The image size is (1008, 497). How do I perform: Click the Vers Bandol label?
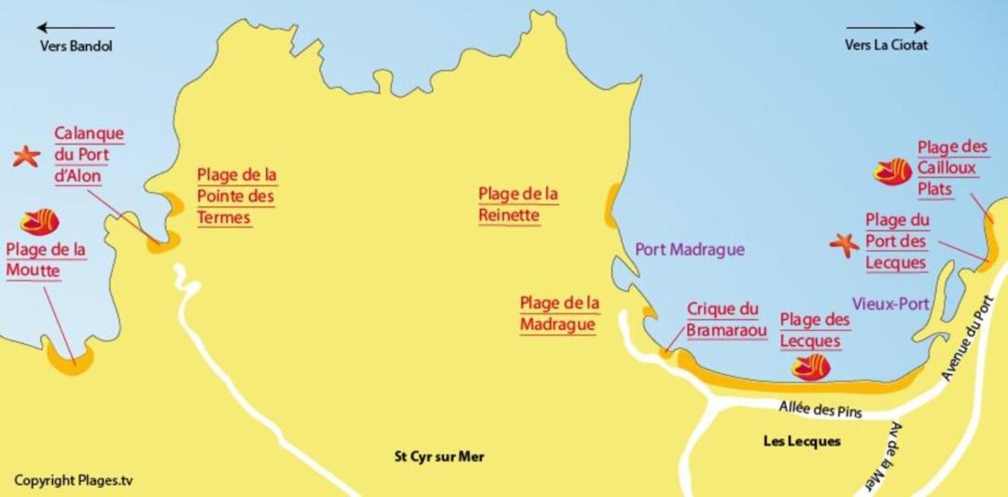[x=76, y=46]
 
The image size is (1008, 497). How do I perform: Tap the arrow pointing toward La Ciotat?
[x=886, y=27]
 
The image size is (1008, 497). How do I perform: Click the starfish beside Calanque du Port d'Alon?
[x=26, y=157]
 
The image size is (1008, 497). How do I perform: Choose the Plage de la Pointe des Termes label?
[x=237, y=196]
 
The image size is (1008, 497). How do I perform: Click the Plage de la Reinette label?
[x=518, y=204]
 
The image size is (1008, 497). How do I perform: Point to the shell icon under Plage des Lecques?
[x=810, y=369]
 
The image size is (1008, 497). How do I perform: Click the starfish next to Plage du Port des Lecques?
[x=845, y=244]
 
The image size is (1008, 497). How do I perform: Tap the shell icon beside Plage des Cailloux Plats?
[x=892, y=172]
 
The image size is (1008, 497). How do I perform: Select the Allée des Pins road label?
[x=819, y=408]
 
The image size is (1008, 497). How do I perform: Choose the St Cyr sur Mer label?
[x=439, y=457]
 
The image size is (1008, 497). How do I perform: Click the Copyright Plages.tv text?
[x=74, y=480]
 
